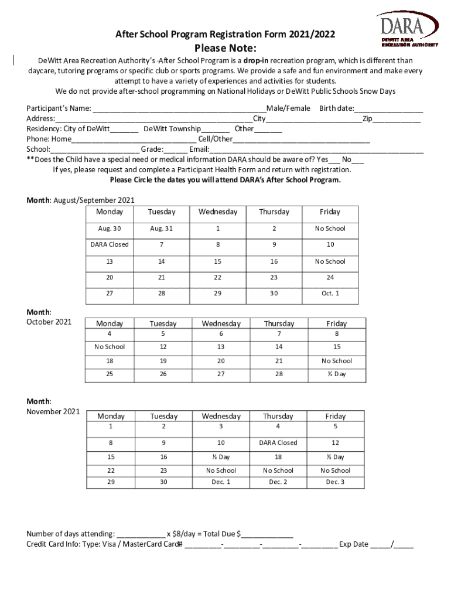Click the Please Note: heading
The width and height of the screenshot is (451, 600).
225,47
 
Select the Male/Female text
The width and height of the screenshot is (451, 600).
289,108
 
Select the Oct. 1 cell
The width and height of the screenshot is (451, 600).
330,293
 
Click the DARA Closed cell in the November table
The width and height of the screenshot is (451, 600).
278,443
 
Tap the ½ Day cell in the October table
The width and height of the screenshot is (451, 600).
336,374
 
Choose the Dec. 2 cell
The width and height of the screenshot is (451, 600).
278,482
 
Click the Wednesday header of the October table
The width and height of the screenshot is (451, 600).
221,323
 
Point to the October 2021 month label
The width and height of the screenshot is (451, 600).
49,322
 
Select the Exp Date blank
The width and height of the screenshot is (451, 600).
392,545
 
